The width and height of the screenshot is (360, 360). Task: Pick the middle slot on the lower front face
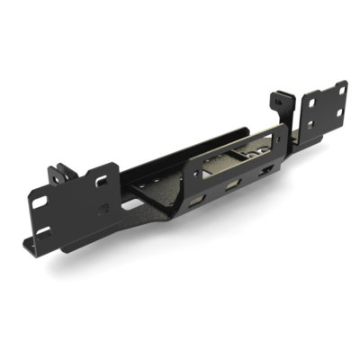[231, 184]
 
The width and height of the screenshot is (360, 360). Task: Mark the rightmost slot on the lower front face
[263, 171]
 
